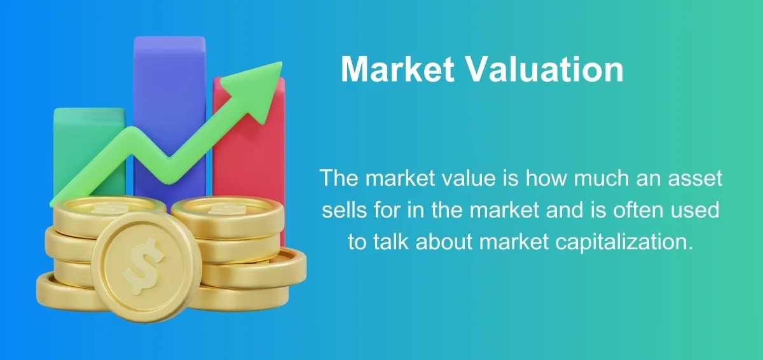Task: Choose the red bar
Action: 249,153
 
